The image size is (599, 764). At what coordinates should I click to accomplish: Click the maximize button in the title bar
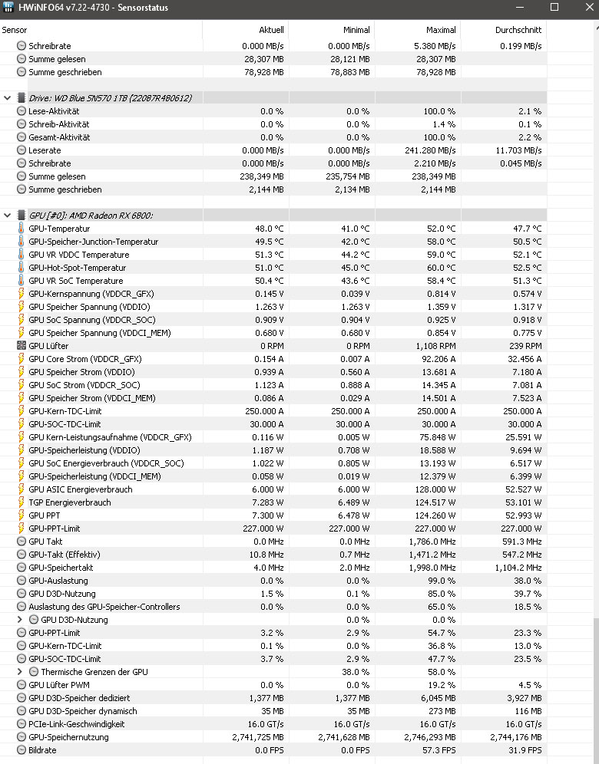click(554, 8)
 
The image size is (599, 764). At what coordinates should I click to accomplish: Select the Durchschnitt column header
click(518, 30)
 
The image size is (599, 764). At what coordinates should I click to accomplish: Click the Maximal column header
click(441, 30)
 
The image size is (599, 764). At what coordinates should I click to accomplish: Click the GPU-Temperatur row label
click(59, 229)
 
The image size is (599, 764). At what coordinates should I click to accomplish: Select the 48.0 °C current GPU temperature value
click(269, 229)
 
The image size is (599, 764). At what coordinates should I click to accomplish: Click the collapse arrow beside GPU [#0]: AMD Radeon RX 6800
click(8, 215)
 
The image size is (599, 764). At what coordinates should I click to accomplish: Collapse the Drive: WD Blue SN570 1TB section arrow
click(8, 98)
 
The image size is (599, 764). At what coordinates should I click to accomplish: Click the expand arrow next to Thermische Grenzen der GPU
click(20, 672)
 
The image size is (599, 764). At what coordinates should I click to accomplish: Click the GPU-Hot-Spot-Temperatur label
click(77, 268)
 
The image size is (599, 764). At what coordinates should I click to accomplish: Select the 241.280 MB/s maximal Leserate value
click(430, 150)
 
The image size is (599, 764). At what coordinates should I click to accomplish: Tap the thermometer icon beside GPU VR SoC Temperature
click(22, 281)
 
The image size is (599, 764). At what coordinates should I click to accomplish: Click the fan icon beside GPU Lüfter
click(22, 346)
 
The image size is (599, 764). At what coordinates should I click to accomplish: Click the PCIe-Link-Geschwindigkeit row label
click(76, 724)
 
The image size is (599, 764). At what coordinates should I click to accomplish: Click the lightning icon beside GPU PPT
click(22, 515)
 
